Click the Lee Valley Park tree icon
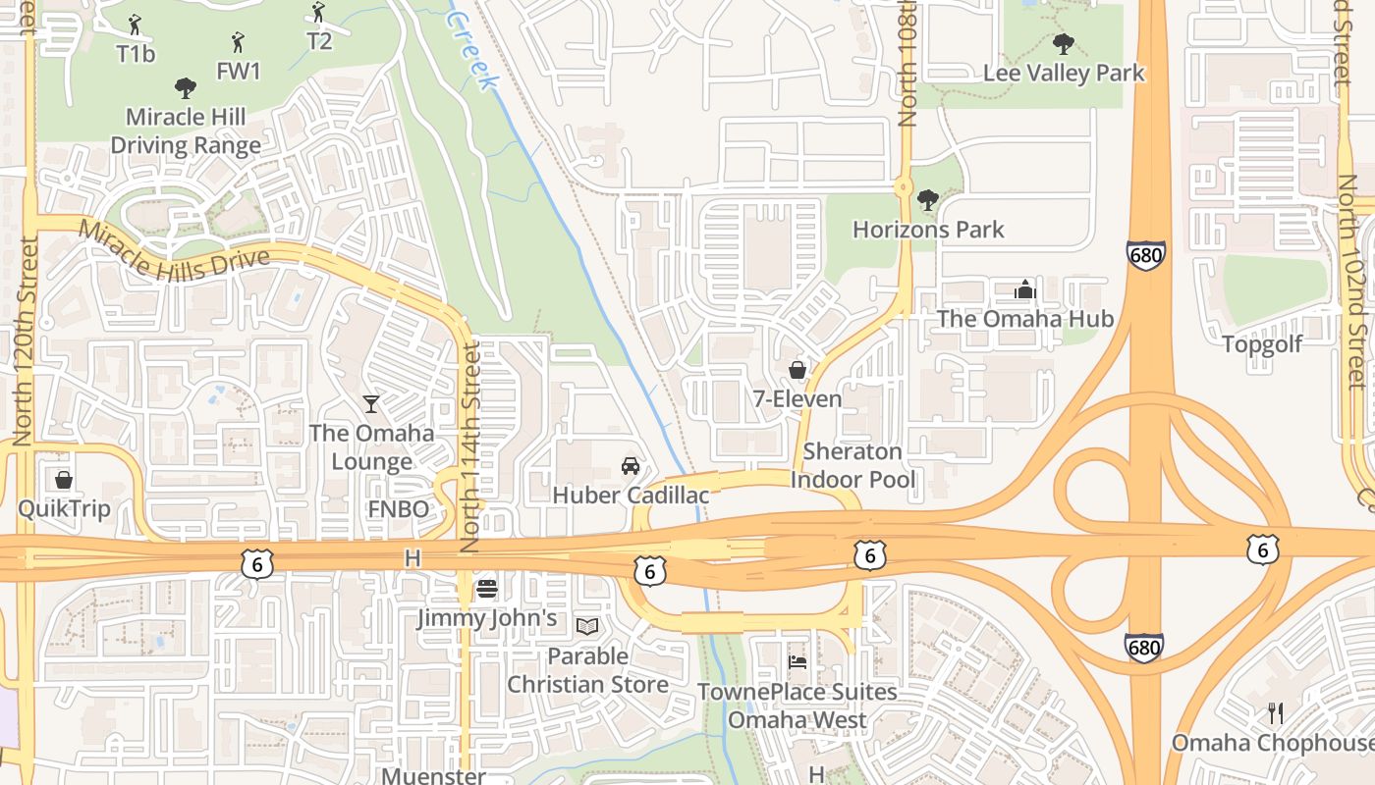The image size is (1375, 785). (x=1063, y=44)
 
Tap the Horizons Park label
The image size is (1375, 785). (x=928, y=230)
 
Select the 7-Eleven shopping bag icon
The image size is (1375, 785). (x=797, y=370)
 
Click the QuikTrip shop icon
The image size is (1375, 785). (x=64, y=480)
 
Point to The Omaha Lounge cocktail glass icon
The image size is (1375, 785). (x=370, y=403)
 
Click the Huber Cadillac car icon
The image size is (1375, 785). (x=631, y=465)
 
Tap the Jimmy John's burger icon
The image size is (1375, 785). (x=486, y=589)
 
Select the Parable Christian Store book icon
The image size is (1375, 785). (x=587, y=626)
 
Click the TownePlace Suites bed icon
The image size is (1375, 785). (x=797, y=662)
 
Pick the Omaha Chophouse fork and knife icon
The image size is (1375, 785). (x=1276, y=713)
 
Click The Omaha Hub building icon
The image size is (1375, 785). (x=1024, y=289)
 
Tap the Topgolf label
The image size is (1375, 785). (x=1262, y=344)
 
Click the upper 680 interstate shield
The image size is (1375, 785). (x=1146, y=255)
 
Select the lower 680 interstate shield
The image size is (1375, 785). (x=1144, y=648)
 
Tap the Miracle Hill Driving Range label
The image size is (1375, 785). (x=186, y=131)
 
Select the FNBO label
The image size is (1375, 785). (x=398, y=509)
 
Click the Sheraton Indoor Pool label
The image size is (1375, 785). (x=852, y=466)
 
